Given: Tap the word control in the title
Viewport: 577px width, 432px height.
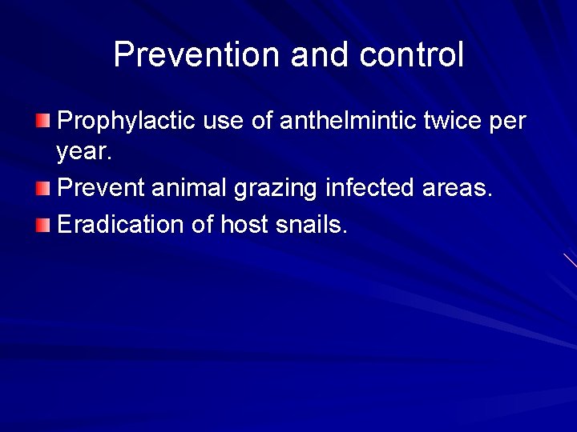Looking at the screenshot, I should pyautogui.click(x=412, y=55).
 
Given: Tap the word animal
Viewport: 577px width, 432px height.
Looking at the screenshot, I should pyautogui.click(x=197, y=188).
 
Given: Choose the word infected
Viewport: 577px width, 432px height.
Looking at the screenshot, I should pyautogui.click(x=369, y=188).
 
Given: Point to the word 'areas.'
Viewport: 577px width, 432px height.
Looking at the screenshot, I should pyautogui.click(x=457, y=188).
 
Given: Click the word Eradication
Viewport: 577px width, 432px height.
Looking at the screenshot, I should pyautogui.click(x=121, y=223).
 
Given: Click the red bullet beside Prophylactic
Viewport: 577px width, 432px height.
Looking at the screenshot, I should pyautogui.click(x=42, y=122).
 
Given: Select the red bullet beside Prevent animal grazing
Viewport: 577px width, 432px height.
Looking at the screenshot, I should pyautogui.click(x=42, y=189).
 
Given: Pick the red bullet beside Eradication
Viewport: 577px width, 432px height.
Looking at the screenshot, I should pyautogui.click(x=42, y=224).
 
